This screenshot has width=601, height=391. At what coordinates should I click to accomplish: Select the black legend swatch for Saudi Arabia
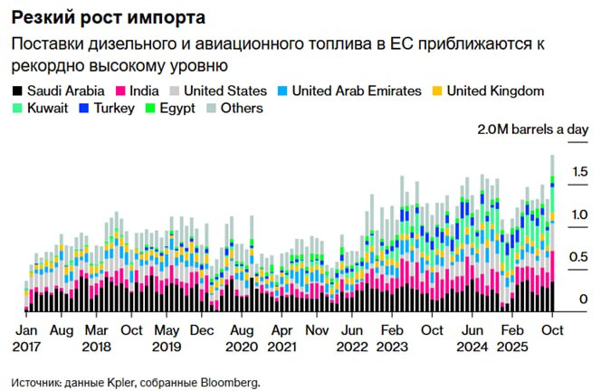[16, 91]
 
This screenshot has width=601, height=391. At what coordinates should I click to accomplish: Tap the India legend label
[144, 91]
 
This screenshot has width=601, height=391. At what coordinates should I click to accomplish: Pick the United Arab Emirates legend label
[357, 91]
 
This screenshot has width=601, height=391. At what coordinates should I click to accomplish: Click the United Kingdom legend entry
[496, 91]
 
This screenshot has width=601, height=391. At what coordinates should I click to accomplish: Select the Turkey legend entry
[114, 109]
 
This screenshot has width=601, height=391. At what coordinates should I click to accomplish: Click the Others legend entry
[240, 109]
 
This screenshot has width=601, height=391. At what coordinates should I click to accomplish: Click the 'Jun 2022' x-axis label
[351, 338]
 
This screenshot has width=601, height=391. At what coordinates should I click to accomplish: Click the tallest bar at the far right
[552, 235]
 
